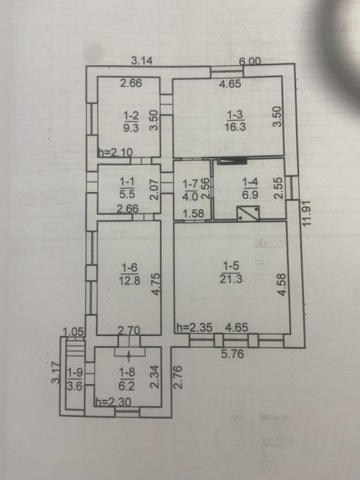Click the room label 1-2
pos(131,116)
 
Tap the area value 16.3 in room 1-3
pos(235,126)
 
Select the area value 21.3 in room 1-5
pos(231,279)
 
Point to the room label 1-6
pos(129,269)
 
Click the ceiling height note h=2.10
pos(115,152)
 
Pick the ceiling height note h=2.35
pos(194,327)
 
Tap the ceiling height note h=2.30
pos(113,402)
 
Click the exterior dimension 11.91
pos(307,213)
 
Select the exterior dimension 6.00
pos(250,61)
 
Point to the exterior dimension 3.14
pos(142,61)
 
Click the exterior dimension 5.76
pos(233,354)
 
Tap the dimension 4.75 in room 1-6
pos(156,284)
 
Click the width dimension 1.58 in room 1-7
pos(194,213)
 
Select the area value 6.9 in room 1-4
pos(250,195)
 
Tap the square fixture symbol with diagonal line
pos(248,213)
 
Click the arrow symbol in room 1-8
pos(129,355)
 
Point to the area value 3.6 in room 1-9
pos(75,386)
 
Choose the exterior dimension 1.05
pos(73,332)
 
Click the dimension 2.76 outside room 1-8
pos(178,377)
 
